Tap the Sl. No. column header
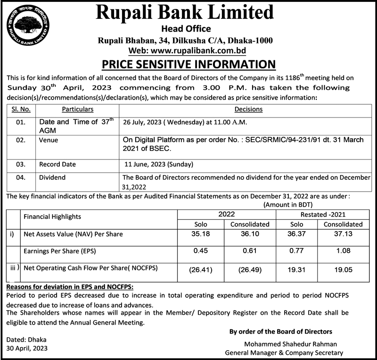pyautogui.click(x=20, y=109)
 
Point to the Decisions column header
pyautogui.click(x=248, y=109)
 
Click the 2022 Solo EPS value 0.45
pyautogui.click(x=201, y=251)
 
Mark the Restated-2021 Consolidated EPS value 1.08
pyautogui.click(x=343, y=251)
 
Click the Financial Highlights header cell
pyautogui.click(x=52, y=217)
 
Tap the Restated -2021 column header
pyautogui.click(x=320, y=214)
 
